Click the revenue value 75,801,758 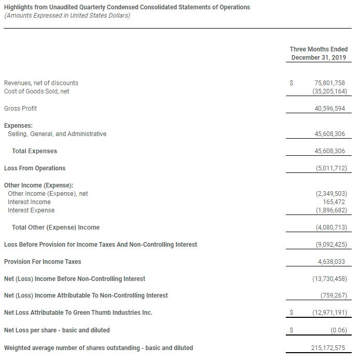329,83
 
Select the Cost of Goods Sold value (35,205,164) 329,91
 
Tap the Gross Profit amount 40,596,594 329,109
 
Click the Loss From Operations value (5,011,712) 331,168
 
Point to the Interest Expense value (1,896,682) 331,210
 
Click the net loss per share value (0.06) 338,330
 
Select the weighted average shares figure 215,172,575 328,347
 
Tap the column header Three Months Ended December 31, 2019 319,53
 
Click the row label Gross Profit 20,109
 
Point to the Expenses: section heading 18,126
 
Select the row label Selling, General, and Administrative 57,134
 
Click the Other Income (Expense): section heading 38,185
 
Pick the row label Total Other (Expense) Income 56,227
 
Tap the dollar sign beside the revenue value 292,83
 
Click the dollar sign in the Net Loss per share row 292,330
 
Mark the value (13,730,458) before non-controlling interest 329,279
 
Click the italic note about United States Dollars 67,16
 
